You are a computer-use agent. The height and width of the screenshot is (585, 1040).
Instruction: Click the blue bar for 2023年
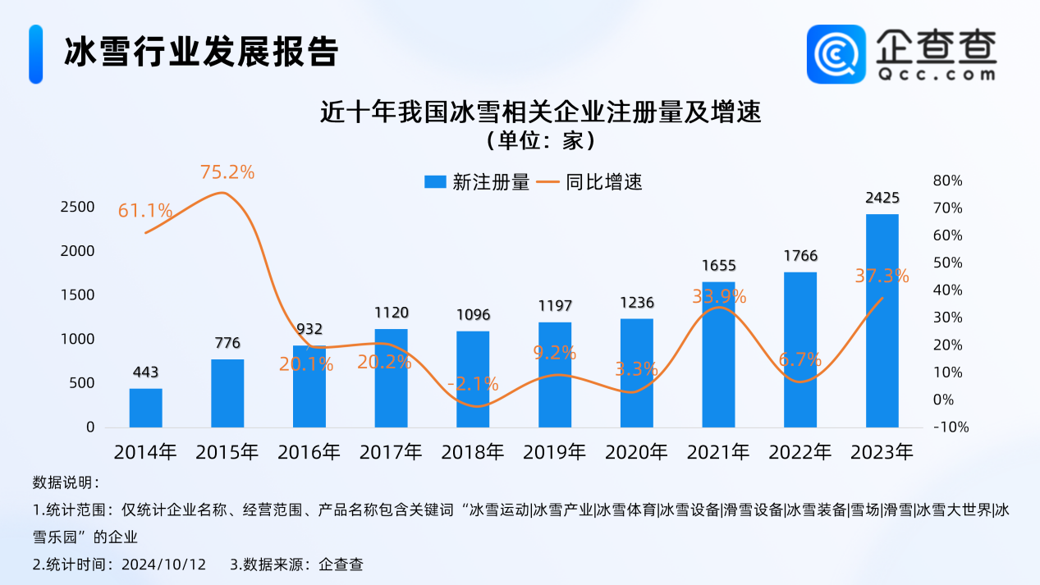click(x=882, y=321)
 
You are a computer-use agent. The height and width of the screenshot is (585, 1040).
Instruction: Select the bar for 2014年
click(x=145, y=408)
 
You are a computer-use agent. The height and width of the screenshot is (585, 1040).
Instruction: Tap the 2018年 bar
click(x=473, y=379)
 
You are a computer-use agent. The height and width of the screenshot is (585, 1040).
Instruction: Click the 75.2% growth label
click(x=227, y=172)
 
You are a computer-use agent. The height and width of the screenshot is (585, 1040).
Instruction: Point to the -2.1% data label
click(x=473, y=383)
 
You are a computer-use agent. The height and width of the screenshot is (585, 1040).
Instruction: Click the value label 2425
click(x=882, y=198)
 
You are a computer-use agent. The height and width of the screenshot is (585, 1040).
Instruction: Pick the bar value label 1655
click(x=719, y=265)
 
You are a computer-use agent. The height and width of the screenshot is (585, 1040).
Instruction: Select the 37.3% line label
click(x=882, y=277)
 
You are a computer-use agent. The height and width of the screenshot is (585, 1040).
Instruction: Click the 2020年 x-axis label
click(x=637, y=451)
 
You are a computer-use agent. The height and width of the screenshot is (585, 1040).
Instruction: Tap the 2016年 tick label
click(x=309, y=451)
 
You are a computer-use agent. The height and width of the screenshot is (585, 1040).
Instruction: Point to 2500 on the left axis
click(x=78, y=207)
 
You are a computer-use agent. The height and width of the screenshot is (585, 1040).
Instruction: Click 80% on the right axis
click(x=946, y=181)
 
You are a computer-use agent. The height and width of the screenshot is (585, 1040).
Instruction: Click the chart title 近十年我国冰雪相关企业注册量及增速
click(x=541, y=112)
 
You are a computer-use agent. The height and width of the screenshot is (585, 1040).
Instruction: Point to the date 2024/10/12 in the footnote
click(x=163, y=564)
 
